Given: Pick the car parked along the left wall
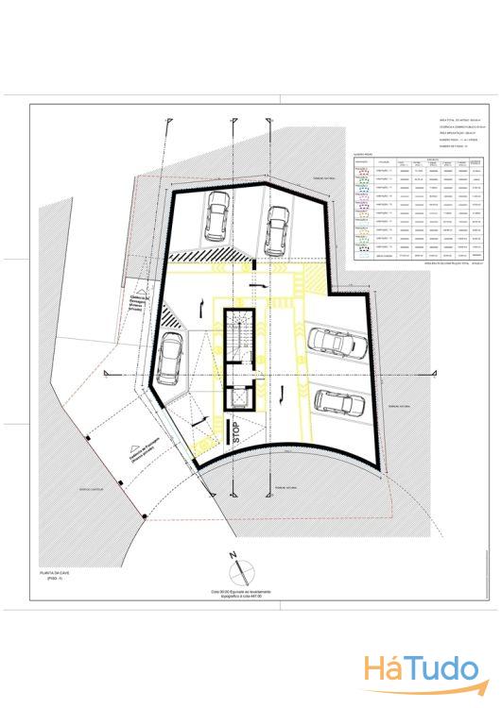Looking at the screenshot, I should coord(171,359).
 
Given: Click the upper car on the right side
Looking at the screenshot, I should coord(334,343).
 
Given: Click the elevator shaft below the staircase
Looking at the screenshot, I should coord(241,396).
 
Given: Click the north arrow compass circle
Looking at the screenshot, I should coord(240,571).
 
